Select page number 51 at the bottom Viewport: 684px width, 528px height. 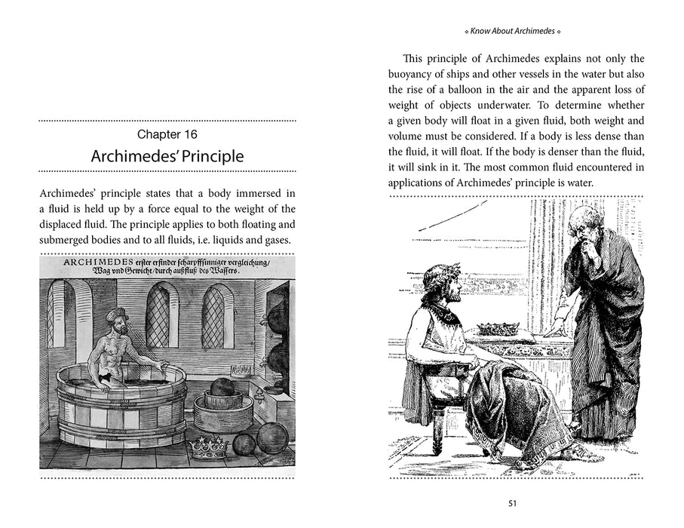(x=513, y=504)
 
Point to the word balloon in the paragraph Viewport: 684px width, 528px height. (x=500, y=90)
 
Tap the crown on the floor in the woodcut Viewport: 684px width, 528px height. (x=209, y=447)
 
